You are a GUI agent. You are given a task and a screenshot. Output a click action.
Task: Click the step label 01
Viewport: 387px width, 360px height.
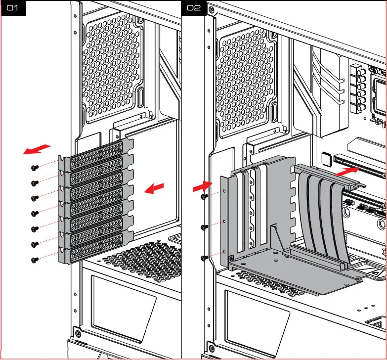tap(12, 8)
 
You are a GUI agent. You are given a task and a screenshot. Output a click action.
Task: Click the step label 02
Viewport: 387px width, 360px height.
tap(194, 8)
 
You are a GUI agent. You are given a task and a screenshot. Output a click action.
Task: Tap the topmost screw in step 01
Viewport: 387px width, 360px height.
tap(35, 167)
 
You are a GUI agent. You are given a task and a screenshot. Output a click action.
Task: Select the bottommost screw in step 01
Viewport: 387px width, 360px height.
tap(35, 259)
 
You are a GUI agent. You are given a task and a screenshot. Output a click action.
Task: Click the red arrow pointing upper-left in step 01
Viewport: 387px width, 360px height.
tap(37, 149)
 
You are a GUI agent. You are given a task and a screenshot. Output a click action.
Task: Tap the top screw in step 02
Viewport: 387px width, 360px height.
tap(205, 196)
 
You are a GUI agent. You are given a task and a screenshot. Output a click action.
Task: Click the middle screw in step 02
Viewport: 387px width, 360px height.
tap(205, 227)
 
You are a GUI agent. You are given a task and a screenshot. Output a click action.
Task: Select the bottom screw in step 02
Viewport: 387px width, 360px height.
tap(205, 258)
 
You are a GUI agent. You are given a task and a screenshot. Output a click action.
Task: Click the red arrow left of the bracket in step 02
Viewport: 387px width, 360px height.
tap(202, 186)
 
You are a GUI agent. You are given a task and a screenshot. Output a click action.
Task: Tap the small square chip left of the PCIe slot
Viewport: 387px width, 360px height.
tap(325, 158)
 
